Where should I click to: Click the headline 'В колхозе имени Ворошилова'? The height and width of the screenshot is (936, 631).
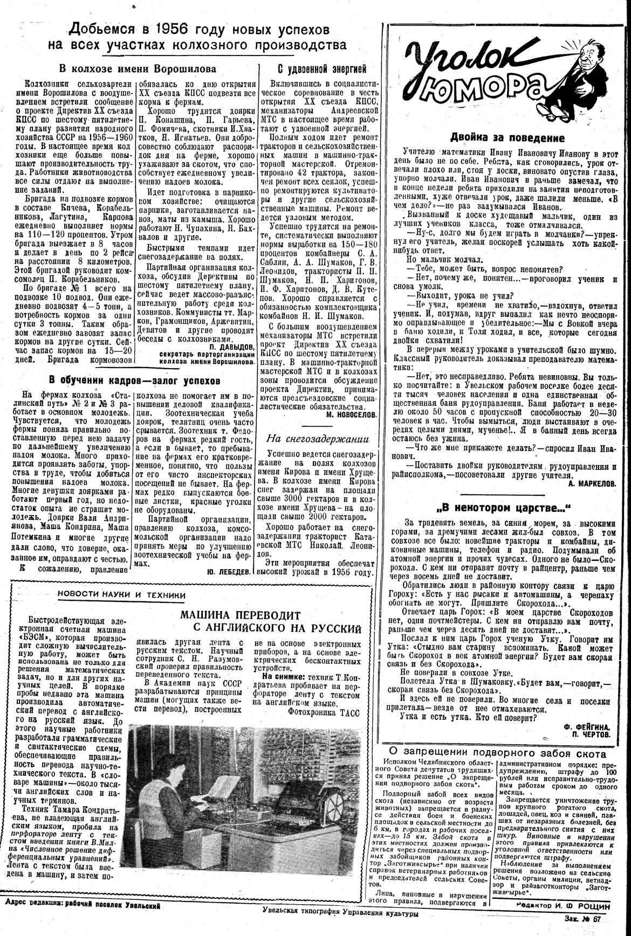tap(137, 68)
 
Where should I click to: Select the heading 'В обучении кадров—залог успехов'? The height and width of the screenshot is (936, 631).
tap(134, 380)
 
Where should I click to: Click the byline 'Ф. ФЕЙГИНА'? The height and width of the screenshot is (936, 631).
tap(589, 726)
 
